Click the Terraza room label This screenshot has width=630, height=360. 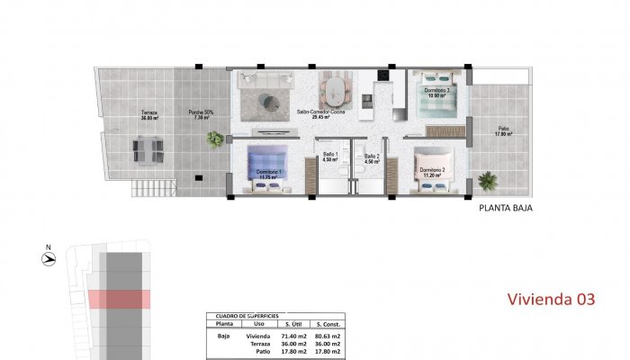pyautogui.click(x=149, y=116)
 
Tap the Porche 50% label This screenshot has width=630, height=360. pyautogui.click(x=201, y=114)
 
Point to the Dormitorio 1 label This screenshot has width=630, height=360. pyautogui.click(x=268, y=174)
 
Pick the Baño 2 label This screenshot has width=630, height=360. pyautogui.click(x=372, y=158)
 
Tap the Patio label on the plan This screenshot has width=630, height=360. pyautogui.click(x=504, y=131)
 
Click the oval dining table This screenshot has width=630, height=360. pyautogui.click(x=335, y=91)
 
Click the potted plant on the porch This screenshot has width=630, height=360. pyautogui.click(x=215, y=139)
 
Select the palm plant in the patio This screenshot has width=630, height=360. pyautogui.click(x=487, y=181)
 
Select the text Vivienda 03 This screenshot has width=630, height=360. pyautogui.click(x=551, y=299)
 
